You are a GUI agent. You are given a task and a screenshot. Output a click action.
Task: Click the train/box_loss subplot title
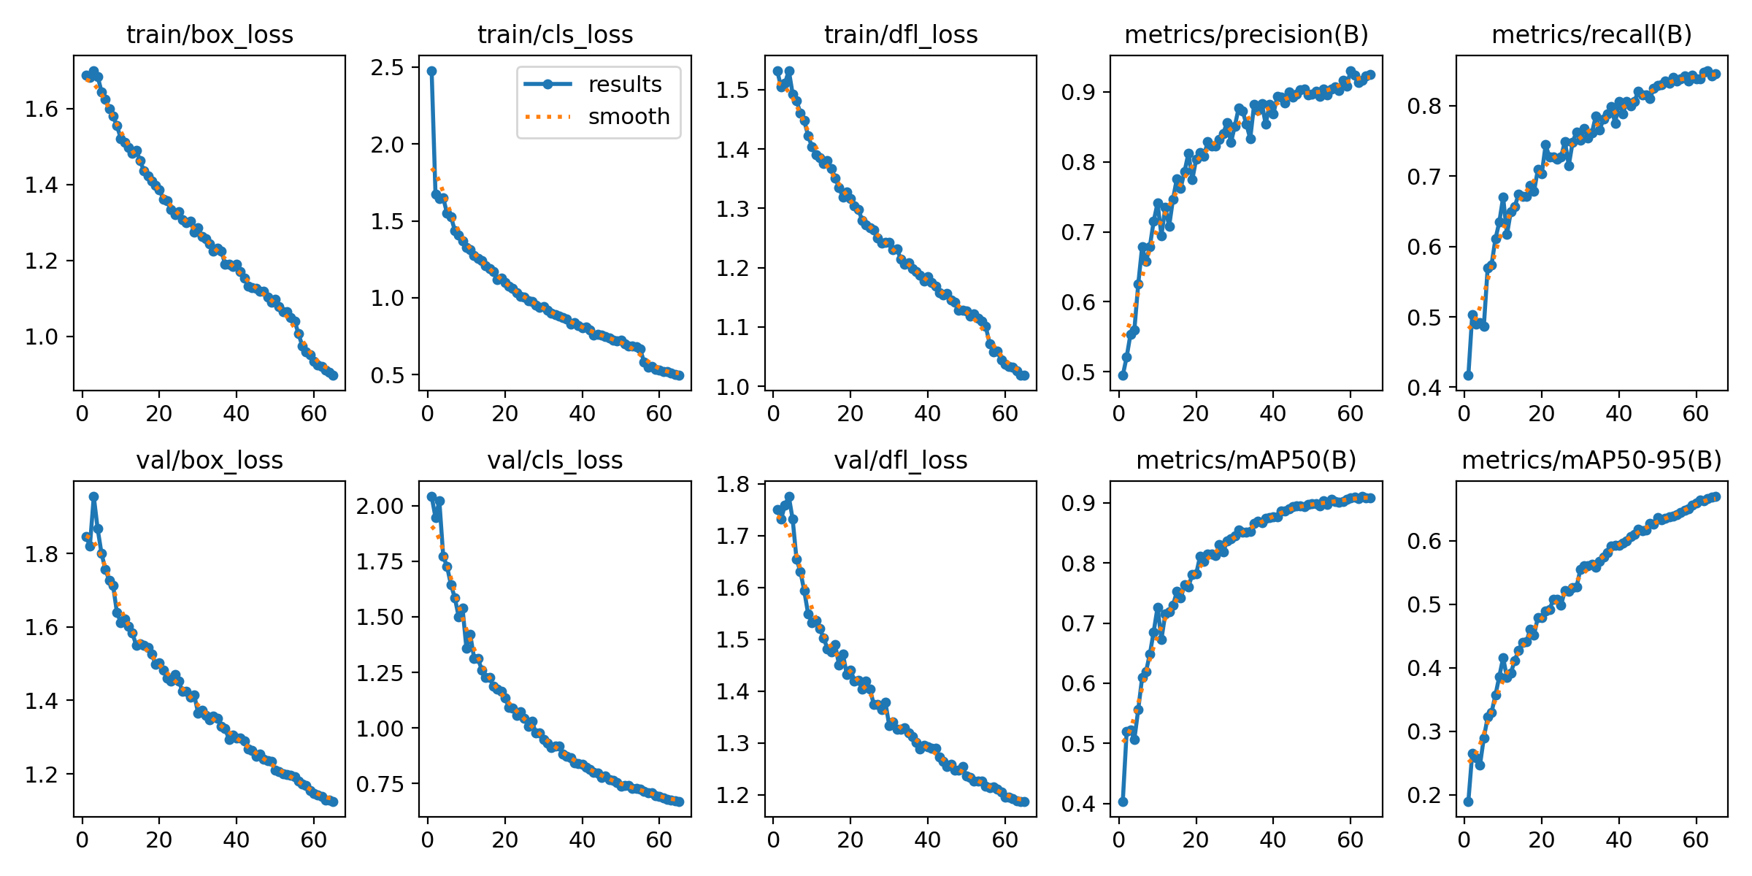click(x=210, y=35)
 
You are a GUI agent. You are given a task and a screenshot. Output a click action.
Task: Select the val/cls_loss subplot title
click(x=555, y=461)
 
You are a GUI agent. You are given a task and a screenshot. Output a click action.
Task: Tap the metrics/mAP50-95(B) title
click(x=1591, y=461)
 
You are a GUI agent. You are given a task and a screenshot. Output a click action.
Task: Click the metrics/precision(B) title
click(x=1246, y=35)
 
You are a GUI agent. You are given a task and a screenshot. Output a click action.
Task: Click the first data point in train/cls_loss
click(x=431, y=71)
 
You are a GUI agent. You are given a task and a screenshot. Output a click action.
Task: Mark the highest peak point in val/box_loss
click(x=93, y=496)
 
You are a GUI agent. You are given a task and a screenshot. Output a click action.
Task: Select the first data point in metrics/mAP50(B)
click(x=1123, y=802)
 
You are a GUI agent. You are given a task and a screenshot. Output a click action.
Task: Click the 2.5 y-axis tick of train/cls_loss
click(x=387, y=68)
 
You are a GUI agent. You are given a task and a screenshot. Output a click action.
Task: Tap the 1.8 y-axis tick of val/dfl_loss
click(x=731, y=485)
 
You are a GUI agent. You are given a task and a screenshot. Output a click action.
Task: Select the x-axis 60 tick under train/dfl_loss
click(x=1004, y=414)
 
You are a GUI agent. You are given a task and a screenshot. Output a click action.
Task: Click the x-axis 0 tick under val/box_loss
click(x=82, y=840)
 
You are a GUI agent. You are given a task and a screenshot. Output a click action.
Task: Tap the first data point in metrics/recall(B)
click(x=1468, y=375)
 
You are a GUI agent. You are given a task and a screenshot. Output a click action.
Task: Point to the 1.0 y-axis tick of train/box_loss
click(x=41, y=337)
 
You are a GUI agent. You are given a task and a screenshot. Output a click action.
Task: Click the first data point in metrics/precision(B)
click(x=1123, y=375)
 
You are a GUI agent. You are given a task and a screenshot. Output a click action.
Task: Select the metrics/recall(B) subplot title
click(x=1591, y=35)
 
